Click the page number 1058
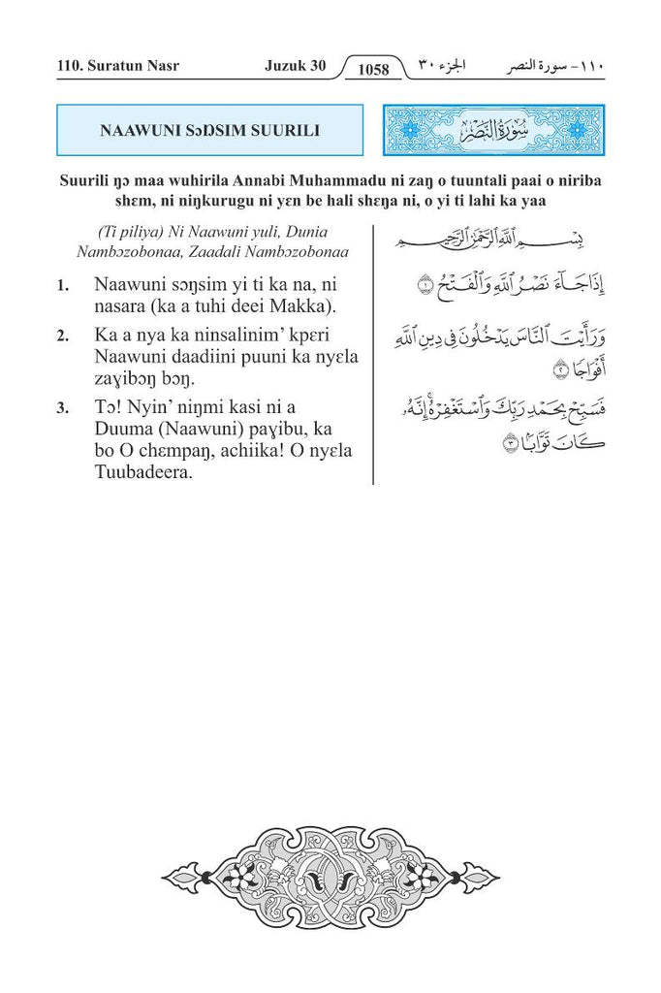[372, 69]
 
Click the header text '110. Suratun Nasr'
[117, 67]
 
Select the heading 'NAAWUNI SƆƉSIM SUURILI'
[209, 130]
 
